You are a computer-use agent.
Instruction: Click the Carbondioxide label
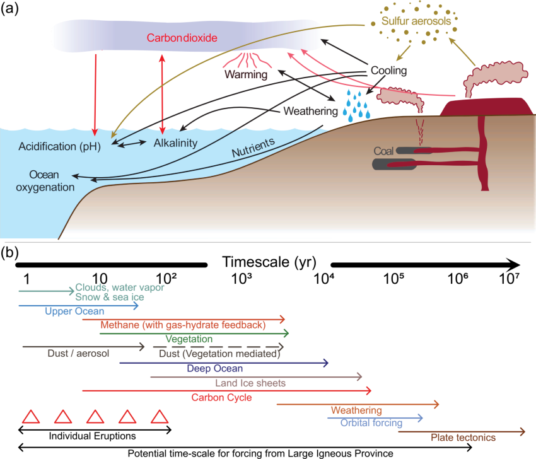(182, 38)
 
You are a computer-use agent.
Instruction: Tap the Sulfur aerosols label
(416, 21)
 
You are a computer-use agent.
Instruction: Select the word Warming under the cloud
(245, 75)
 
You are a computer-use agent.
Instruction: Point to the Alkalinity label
(175, 143)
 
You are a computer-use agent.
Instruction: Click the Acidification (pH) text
(60, 147)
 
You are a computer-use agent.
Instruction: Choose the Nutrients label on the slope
(253, 148)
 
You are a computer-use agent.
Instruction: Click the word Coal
(384, 151)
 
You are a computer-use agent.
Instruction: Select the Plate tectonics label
(463, 438)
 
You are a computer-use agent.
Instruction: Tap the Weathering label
(356, 410)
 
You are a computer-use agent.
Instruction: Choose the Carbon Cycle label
(221, 398)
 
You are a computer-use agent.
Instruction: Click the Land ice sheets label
(250, 383)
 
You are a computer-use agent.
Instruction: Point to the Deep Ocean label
(215, 368)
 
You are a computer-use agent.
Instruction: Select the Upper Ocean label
(74, 311)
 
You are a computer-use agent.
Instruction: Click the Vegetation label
(189, 339)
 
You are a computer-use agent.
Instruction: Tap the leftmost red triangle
(30, 417)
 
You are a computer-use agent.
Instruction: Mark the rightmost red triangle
(159, 417)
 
